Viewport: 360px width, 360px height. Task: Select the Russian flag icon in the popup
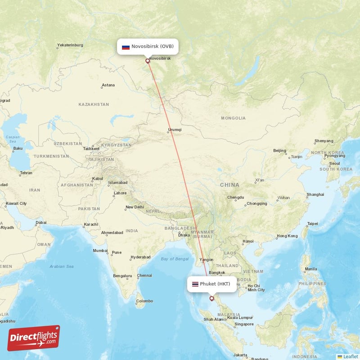click(126, 47)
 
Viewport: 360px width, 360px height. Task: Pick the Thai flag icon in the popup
click(195, 284)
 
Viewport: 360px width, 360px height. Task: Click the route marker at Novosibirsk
click(148, 61)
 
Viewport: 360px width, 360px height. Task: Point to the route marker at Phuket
click(211, 298)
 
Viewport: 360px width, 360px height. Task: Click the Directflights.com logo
click(34, 338)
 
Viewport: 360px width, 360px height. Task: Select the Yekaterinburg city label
click(70, 45)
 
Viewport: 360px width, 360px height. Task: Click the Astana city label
click(108, 85)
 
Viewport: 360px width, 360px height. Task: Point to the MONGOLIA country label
click(233, 118)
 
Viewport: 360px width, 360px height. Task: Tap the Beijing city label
click(279, 151)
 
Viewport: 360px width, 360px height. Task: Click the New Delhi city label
click(135, 207)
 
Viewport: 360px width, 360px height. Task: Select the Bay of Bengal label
click(175, 259)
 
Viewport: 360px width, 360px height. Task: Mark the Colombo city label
click(144, 301)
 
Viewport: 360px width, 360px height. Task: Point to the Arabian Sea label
click(62, 266)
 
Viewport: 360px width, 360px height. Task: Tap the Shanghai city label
click(315, 194)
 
